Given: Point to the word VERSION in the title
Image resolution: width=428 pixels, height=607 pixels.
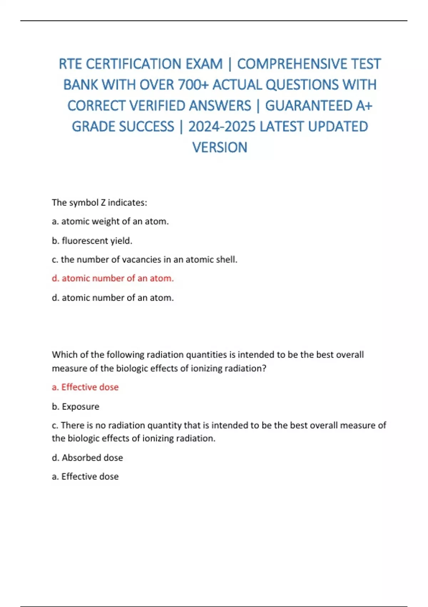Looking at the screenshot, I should pyautogui.click(x=220, y=147).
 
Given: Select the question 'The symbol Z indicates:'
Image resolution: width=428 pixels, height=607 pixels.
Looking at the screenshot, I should pyautogui.click(x=100, y=202).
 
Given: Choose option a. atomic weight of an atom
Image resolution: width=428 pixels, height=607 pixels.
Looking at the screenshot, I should pyautogui.click(x=110, y=221).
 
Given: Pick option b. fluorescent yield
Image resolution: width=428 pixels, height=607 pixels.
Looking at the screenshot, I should pyautogui.click(x=92, y=241).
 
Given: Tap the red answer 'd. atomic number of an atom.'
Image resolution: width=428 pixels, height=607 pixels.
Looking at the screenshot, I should pyautogui.click(x=113, y=278).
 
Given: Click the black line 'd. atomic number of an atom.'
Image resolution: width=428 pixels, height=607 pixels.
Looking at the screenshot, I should pyautogui.click(x=113, y=297).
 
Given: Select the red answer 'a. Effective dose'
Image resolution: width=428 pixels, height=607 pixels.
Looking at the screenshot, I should pyautogui.click(x=85, y=387).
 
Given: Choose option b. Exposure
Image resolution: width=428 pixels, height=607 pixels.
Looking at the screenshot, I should pyautogui.click(x=76, y=406).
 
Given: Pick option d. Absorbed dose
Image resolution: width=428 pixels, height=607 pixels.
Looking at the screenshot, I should pyautogui.click(x=87, y=457).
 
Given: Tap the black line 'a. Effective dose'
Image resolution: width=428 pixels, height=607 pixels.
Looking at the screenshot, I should pyautogui.click(x=85, y=476).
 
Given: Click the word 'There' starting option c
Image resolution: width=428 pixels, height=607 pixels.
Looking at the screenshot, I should pyautogui.click(x=72, y=425).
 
